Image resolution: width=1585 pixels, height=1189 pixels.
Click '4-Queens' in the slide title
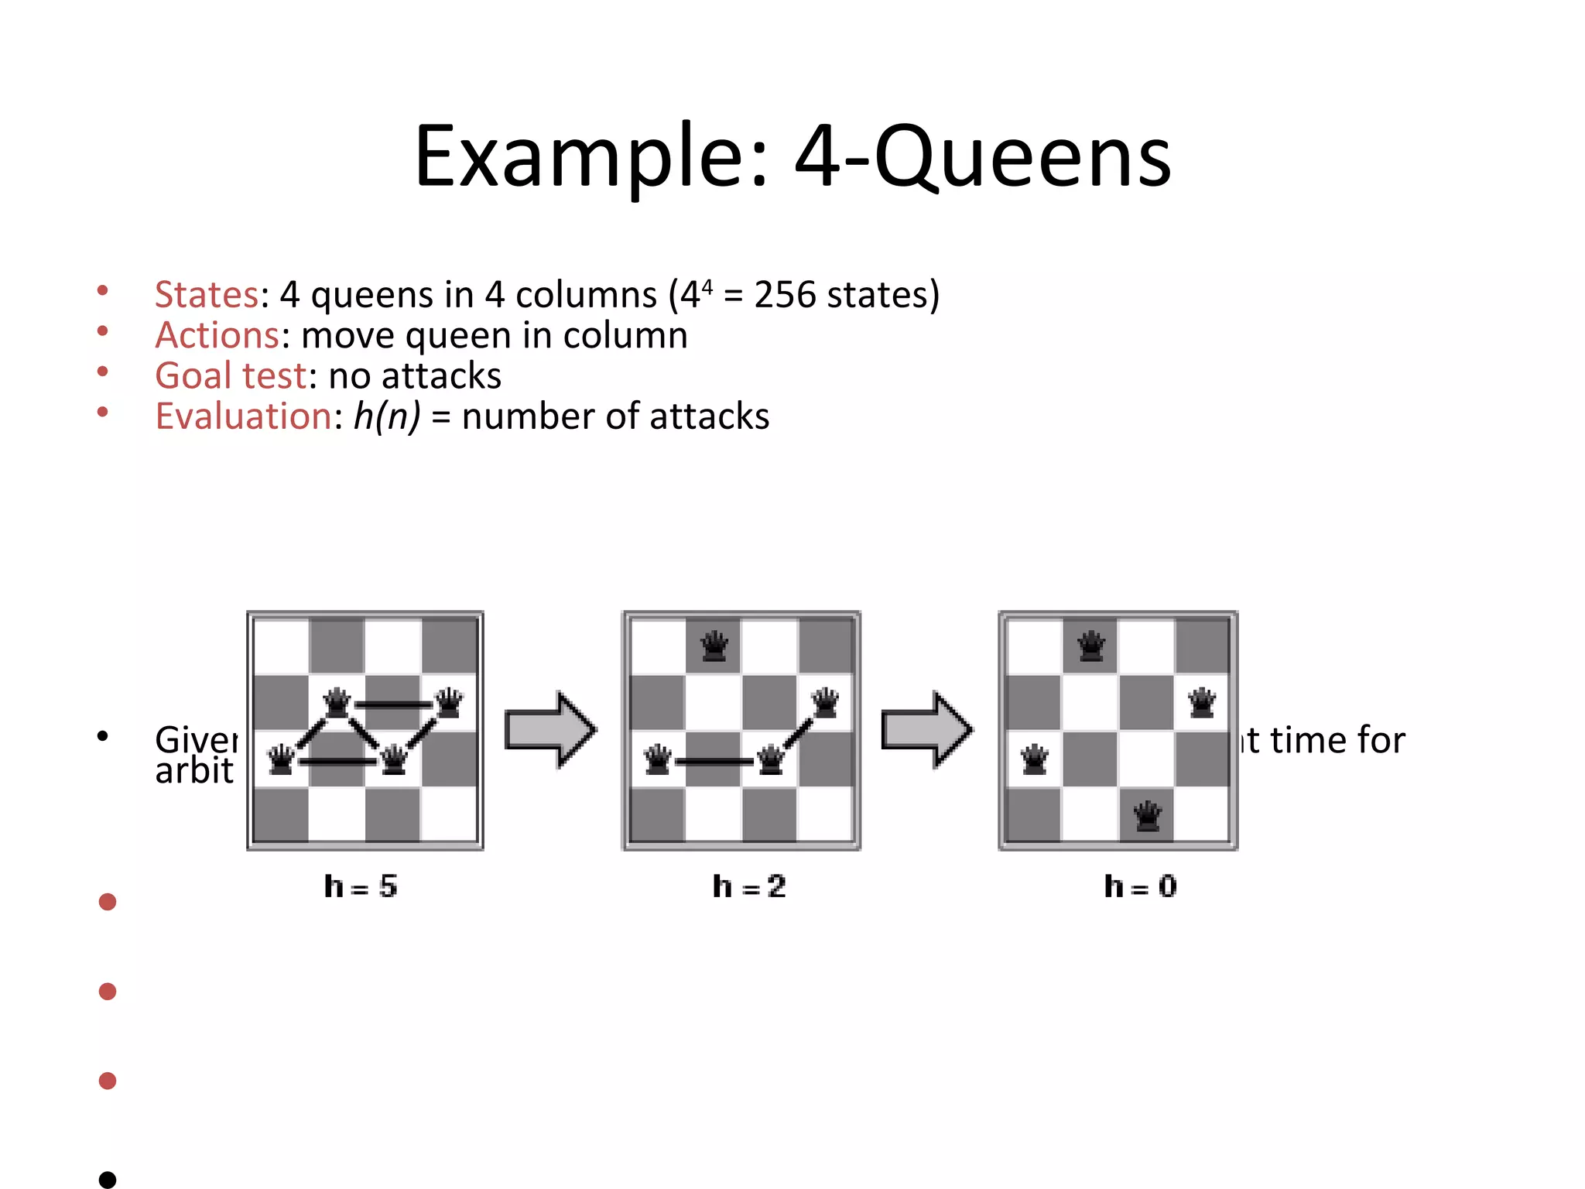tap(983, 159)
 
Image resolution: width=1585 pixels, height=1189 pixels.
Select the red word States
tap(206, 295)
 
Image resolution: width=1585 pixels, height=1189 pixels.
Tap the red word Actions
tap(217, 336)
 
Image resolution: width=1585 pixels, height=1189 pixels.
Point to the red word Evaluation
tap(244, 416)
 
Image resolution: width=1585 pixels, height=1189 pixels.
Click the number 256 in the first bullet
tap(784, 295)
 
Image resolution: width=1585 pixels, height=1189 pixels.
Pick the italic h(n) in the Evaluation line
tap(387, 416)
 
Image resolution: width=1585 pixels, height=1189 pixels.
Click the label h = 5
tap(361, 886)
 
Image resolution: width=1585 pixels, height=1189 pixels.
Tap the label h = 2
tap(749, 886)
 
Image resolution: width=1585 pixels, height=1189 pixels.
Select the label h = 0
tap(1140, 886)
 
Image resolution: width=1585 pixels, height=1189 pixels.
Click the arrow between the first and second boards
tap(550, 730)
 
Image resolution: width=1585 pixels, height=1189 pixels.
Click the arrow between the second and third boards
tap(927, 730)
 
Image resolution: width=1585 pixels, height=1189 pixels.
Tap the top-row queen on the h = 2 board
tap(714, 646)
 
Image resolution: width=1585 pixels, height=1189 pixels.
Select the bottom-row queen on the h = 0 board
tap(1147, 816)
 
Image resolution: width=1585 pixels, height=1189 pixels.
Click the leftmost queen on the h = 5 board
tap(281, 759)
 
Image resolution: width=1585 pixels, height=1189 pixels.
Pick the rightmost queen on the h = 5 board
tap(449, 703)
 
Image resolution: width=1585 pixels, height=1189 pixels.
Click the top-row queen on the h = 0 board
tap(1090, 646)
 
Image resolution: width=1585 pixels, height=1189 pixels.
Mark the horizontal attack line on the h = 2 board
tap(714, 762)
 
